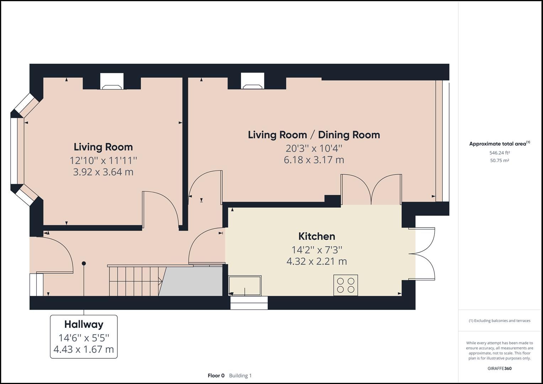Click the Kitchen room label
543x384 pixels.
click(x=316, y=236)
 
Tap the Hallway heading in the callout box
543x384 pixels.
click(x=84, y=324)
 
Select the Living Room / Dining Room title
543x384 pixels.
click(x=314, y=135)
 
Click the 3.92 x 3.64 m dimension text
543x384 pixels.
click(x=103, y=172)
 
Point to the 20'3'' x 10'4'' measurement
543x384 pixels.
click(x=314, y=148)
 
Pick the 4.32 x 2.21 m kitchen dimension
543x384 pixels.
click(x=316, y=261)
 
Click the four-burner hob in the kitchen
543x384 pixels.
click(x=346, y=285)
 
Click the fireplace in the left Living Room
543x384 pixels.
click(x=112, y=81)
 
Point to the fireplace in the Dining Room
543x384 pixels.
click(x=252, y=81)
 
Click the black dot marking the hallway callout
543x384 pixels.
click(x=84, y=263)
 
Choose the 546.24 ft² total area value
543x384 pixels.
click(x=500, y=153)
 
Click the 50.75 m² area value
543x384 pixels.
click(x=500, y=160)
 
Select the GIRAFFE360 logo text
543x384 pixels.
click(x=499, y=368)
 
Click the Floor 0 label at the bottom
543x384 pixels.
click(x=216, y=375)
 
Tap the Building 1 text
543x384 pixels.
click(x=240, y=375)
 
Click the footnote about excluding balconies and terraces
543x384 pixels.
click(x=499, y=321)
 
